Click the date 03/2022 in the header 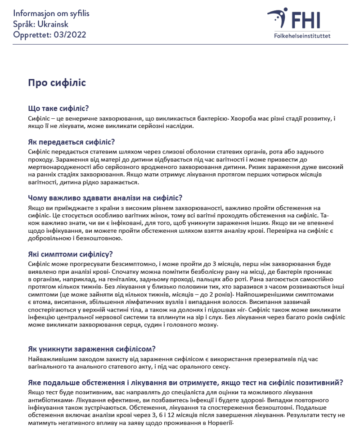pos(69,34)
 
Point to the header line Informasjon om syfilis pos(51,14)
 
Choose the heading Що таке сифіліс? pos(58,108)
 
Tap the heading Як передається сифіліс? pos(72,142)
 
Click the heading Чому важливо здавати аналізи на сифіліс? pos(105,198)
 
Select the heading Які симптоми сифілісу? pos(70,253)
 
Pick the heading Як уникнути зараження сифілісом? pos(92,349)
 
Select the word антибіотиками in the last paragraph pos(49,400)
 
